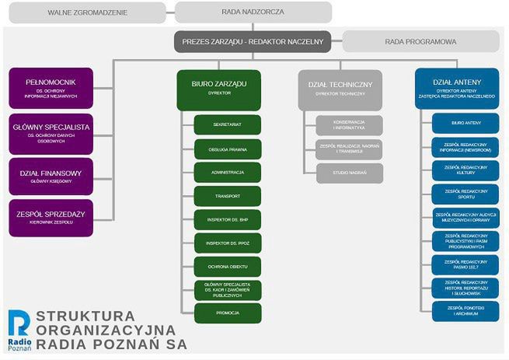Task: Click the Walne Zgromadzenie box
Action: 86,12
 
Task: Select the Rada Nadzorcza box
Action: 253,12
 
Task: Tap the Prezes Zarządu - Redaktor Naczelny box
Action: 253,41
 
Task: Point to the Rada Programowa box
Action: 420,41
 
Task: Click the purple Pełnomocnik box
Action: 51,88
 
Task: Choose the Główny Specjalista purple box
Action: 51,133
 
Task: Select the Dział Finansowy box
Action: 51,175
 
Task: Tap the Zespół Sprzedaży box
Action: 51,217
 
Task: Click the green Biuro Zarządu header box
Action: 218,89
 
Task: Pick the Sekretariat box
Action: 227,124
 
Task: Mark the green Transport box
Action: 227,195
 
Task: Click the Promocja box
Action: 227,313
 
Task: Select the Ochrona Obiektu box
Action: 227,267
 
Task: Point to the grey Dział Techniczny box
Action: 340,89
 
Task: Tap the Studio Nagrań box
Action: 349,173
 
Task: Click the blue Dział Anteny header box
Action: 456,88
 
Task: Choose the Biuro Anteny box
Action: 465,123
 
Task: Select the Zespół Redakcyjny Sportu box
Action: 465,194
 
